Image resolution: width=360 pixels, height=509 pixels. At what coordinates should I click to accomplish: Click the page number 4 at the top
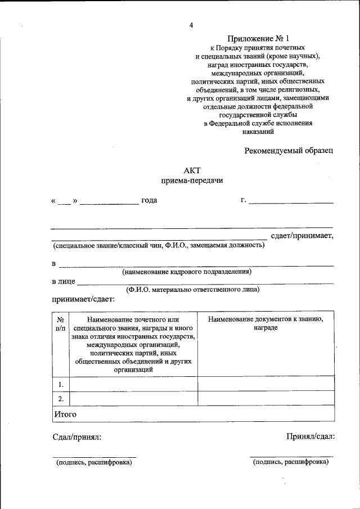pos(191,25)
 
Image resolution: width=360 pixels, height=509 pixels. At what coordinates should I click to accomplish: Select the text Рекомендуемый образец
pos(289,150)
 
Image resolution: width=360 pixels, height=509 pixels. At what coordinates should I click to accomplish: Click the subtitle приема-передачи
pos(192,181)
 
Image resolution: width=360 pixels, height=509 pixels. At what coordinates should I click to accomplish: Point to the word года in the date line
pos(149,200)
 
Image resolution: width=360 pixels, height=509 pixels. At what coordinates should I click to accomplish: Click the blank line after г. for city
pos(291,202)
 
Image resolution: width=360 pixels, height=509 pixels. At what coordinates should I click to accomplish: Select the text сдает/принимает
pos(302,235)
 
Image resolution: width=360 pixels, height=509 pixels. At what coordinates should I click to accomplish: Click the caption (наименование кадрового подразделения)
pos(187,272)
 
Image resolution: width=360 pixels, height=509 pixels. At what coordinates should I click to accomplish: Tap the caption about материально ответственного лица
pos(192,290)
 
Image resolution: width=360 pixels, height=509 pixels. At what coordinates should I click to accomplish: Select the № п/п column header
pos(60,323)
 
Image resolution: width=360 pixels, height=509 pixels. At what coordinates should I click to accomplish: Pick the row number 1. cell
pos(60,385)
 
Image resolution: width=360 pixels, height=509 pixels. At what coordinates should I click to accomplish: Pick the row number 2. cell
pos(60,399)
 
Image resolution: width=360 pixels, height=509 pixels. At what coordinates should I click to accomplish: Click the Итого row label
pos(65,414)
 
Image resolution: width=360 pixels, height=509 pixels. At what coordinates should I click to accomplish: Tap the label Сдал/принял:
pos(77,436)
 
